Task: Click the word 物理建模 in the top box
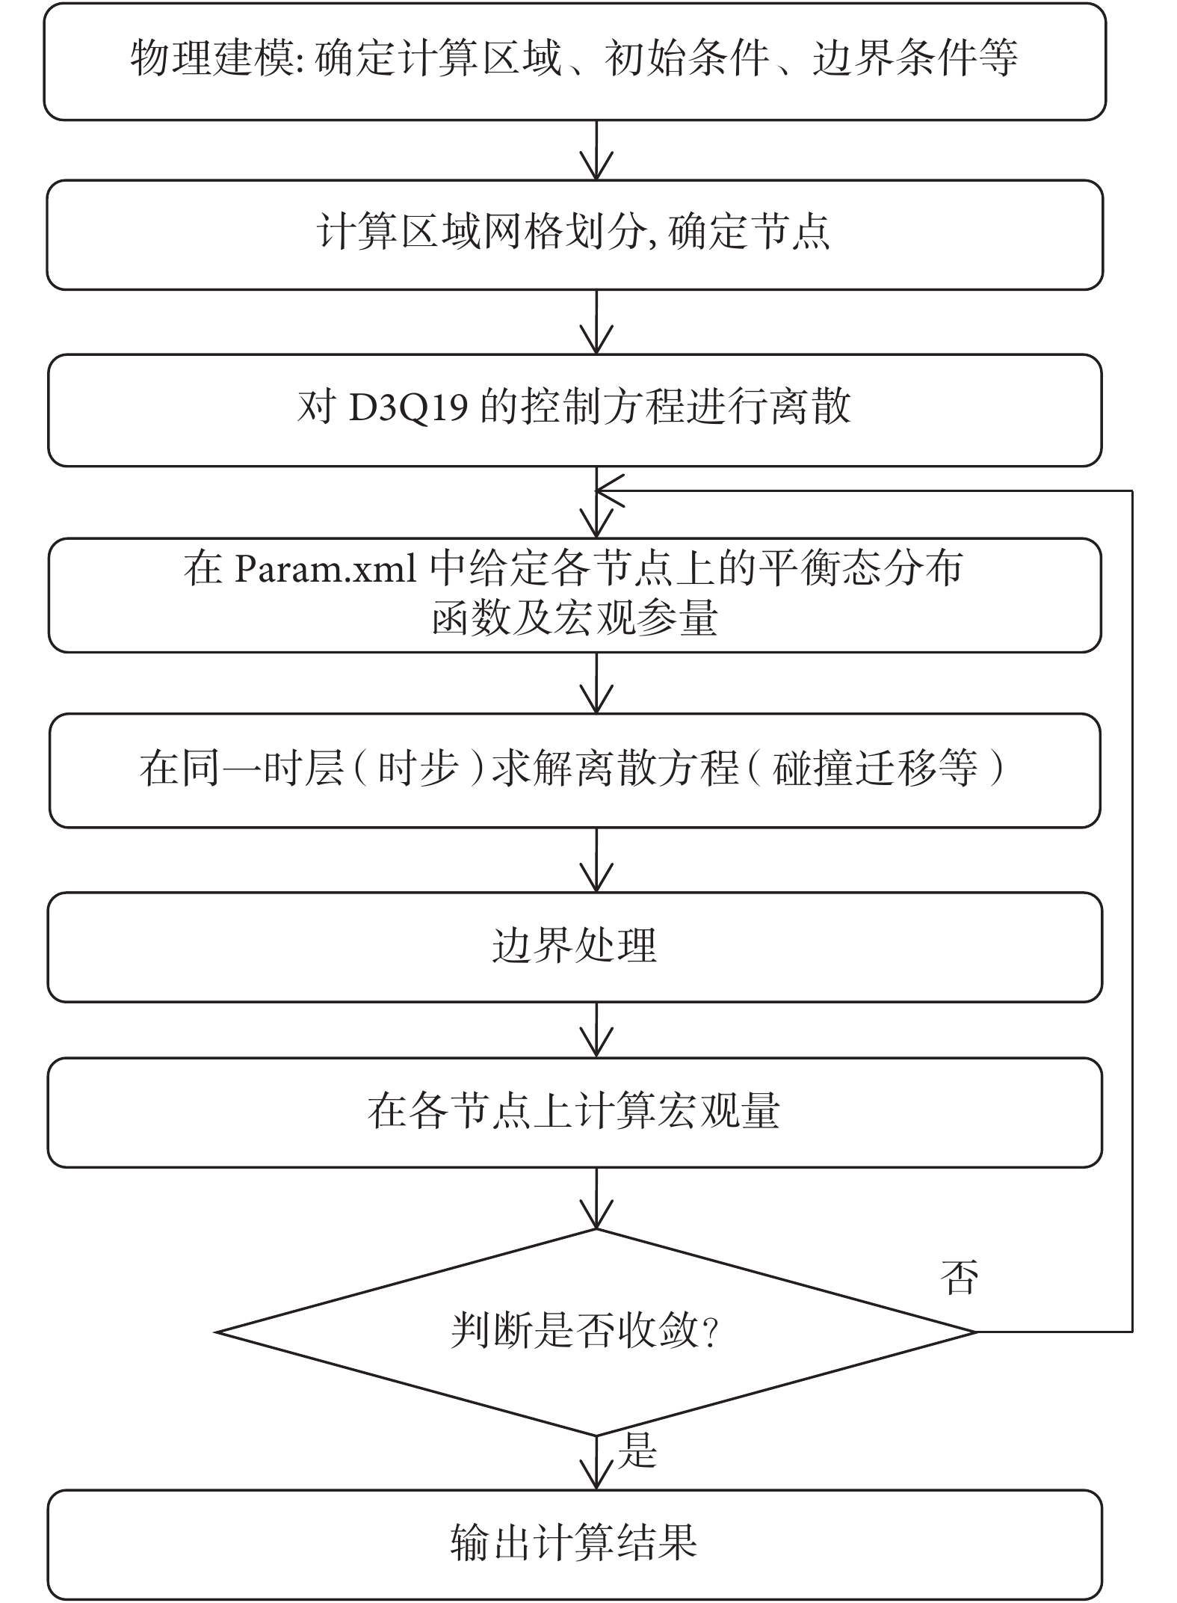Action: tap(213, 58)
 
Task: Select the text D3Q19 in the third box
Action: tap(409, 408)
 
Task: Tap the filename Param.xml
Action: tap(326, 569)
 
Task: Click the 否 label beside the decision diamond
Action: tap(959, 1278)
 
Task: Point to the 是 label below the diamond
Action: tap(637, 1450)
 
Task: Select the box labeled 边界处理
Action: tap(575, 947)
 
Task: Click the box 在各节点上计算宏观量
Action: tap(575, 1113)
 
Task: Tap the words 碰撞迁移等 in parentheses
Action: tap(875, 769)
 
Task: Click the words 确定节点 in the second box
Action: tap(749, 233)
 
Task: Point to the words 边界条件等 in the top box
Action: tap(915, 58)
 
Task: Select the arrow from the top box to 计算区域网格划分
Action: tap(596, 150)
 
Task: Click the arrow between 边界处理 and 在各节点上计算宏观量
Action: tap(596, 1030)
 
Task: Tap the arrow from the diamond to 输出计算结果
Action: tap(596, 1462)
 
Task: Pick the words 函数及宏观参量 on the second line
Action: tap(575, 620)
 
